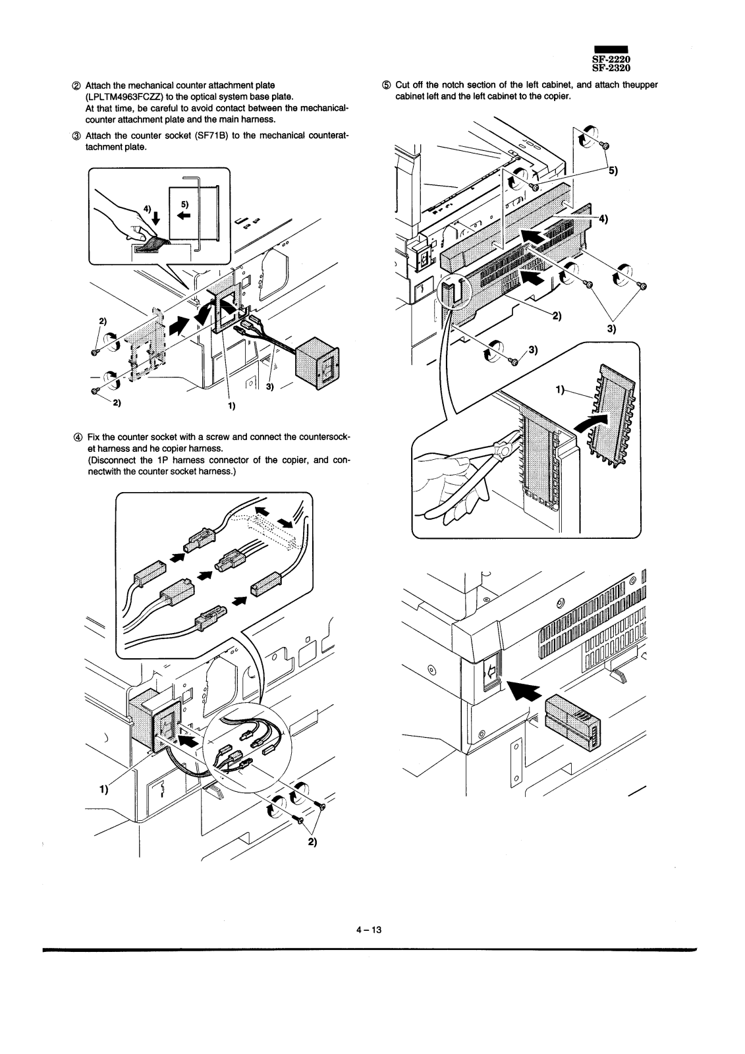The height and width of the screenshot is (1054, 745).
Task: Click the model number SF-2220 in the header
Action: click(x=611, y=59)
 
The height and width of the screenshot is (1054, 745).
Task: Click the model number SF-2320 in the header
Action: click(x=611, y=68)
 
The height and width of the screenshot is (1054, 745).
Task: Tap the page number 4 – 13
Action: click(x=369, y=929)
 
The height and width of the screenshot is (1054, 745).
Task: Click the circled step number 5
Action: click(x=386, y=85)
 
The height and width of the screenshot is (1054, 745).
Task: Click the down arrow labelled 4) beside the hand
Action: click(x=156, y=217)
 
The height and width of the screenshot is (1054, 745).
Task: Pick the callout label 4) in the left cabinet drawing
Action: click(x=603, y=219)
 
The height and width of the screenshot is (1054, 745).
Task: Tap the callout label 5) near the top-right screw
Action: click(x=613, y=171)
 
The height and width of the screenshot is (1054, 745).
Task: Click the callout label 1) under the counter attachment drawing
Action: click(x=232, y=406)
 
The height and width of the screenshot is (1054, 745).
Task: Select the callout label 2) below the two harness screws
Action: click(x=312, y=842)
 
